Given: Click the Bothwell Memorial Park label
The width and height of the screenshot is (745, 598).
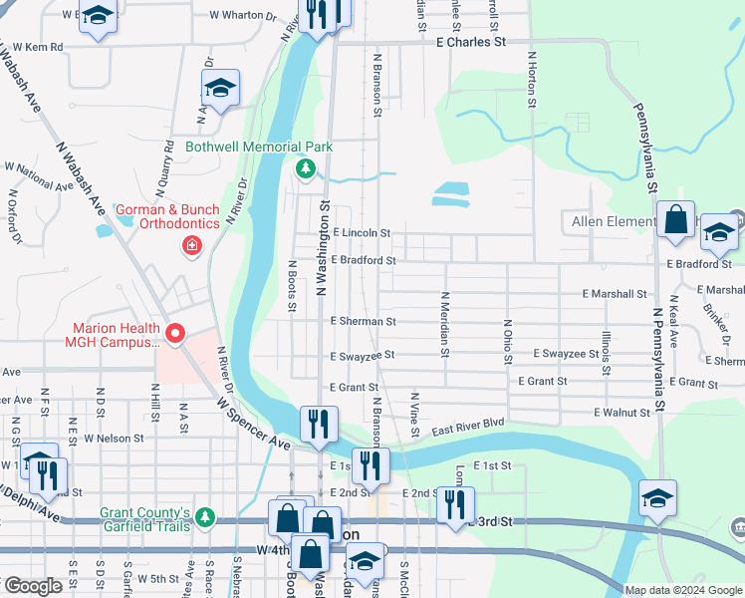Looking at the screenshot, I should coord(258,147).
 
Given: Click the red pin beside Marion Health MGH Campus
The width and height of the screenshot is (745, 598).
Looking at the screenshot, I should coord(175,335).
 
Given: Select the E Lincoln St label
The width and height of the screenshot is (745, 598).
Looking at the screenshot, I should coord(362,232).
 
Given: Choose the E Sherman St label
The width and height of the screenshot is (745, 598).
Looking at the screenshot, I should coord(364,321).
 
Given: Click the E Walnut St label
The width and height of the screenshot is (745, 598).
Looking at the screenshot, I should coord(621,412).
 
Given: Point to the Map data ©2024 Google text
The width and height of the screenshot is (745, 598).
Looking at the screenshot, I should coord(682,590).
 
